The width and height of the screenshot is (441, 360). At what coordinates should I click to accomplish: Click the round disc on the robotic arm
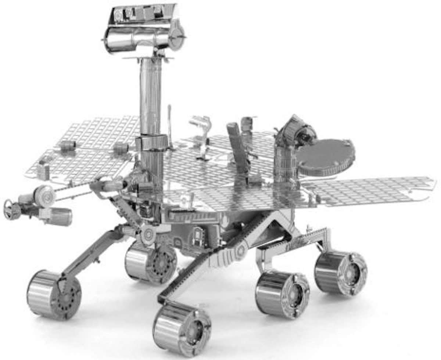(44, 195)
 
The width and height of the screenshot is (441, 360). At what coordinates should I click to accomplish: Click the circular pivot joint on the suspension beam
(241, 250)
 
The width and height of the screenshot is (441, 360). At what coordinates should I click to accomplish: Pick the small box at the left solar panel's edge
(43, 171)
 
